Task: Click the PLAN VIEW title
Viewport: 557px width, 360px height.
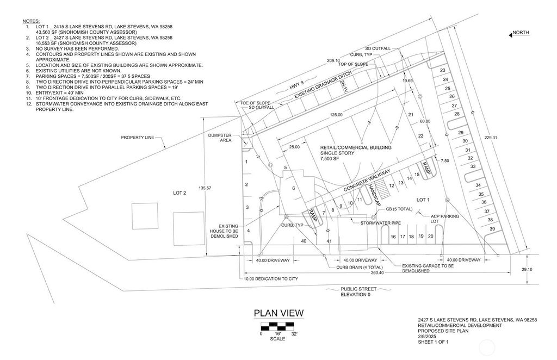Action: click(278, 313)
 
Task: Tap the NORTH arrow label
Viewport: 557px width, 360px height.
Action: click(521, 33)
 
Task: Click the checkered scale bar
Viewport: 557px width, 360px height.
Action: click(277, 326)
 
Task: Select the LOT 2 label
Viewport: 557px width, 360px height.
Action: click(180, 193)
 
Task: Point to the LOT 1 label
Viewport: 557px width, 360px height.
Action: click(423, 200)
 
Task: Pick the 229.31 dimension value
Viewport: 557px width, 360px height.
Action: click(491, 138)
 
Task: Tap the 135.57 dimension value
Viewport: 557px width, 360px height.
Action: click(205, 188)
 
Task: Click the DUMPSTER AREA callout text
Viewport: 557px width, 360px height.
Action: click(220, 138)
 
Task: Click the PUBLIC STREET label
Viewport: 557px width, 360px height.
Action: click(358, 289)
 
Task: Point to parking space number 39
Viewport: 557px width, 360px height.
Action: click(492, 229)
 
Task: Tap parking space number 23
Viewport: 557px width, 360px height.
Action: click(443, 70)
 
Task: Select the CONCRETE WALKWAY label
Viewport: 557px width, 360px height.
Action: click(367, 181)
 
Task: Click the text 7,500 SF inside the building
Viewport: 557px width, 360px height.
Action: click(329, 159)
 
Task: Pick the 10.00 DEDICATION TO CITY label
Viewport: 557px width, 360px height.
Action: click(271, 278)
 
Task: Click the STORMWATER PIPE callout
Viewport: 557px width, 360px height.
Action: click(380, 223)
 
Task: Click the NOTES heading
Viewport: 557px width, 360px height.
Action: click(31, 21)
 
